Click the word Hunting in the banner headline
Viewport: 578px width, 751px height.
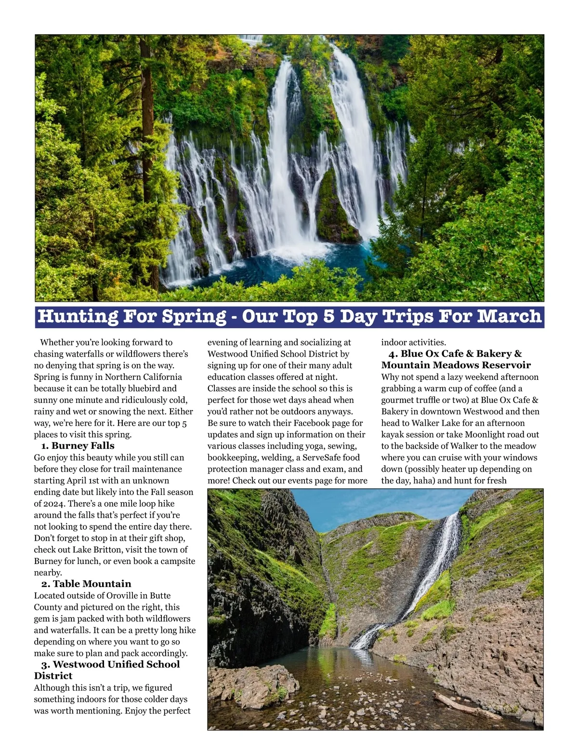pyautogui.click(x=77, y=317)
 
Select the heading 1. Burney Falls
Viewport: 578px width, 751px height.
pyautogui.click(x=78, y=446)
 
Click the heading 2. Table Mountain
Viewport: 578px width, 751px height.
pyautogui.click(x=86, y=584)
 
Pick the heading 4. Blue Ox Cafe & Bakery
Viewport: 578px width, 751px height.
pyautogui.click(x=455, y=354)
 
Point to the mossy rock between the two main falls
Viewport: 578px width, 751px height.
pyautogui.click(x=332, y=207)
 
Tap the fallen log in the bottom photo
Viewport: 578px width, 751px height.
pyautogui.click(x=460, y=705)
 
